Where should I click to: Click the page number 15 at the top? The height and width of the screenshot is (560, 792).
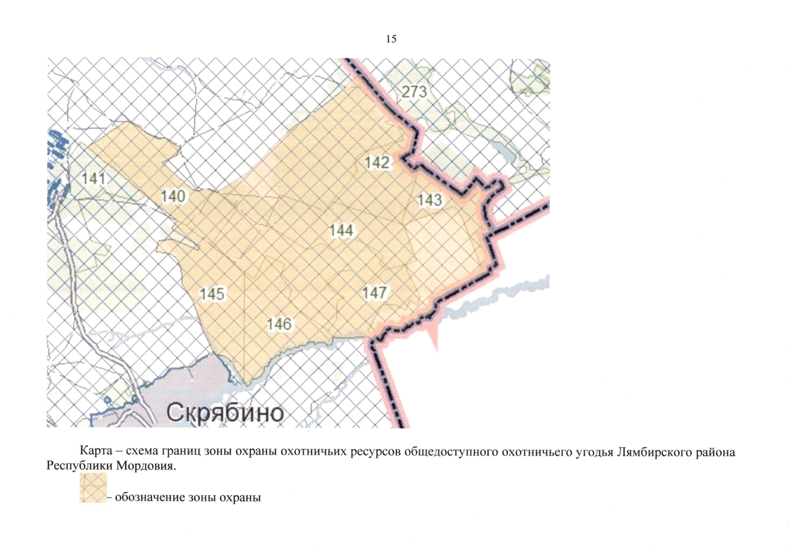391,39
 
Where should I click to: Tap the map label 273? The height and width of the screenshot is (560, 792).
414,91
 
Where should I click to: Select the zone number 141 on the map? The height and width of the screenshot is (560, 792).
93,178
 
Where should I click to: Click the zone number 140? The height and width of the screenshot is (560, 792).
173,196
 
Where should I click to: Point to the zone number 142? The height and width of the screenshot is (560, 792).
377,162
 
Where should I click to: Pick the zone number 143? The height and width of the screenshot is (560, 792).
429,200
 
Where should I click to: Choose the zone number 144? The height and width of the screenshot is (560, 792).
341,231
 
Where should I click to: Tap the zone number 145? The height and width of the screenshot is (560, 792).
212,294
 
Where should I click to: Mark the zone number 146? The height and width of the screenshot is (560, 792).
279,324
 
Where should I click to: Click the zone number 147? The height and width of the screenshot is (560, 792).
375,293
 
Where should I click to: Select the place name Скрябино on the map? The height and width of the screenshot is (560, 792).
225,413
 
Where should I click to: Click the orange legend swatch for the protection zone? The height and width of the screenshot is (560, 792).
93,488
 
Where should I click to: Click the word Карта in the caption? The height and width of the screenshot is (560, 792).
96,451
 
